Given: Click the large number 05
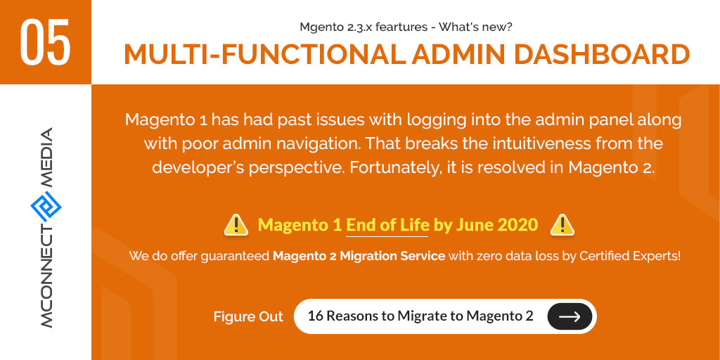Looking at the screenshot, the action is (46, 43).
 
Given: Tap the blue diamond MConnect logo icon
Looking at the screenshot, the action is (46, 207).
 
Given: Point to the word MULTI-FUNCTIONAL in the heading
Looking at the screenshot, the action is (264, 54).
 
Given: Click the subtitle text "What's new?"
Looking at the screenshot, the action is (475, 27).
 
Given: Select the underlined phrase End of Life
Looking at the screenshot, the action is (387, 226).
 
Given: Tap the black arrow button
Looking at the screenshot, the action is (570, 316).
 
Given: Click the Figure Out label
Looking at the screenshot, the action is (248, 317).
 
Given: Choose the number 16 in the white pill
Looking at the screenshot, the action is (316, 316).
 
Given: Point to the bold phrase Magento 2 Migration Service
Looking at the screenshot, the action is (359, 256).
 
